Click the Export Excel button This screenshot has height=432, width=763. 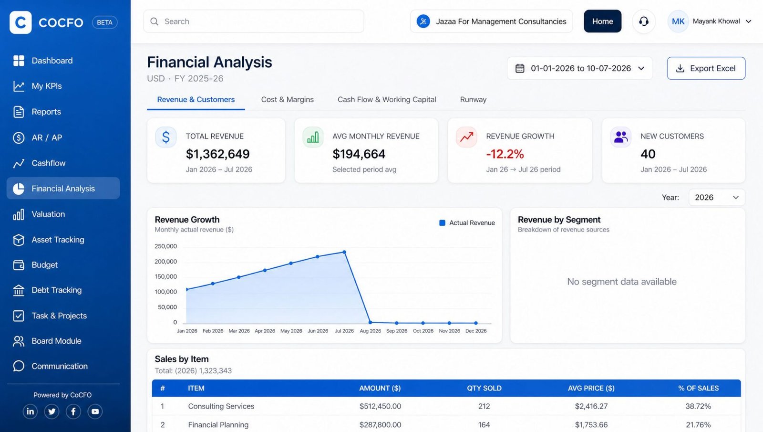(x=706, y=68)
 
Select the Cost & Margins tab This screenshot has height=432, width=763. (x=287, y=99)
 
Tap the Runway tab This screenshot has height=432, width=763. (x=473, y=99)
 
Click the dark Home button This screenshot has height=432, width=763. (x=602, y=21)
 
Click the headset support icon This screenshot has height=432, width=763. (x=643, y=21)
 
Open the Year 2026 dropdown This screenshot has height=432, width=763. (x=717, y=198)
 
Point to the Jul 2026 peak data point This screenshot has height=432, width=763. (x=344, y=253)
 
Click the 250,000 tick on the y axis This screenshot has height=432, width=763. (x=165, y=246)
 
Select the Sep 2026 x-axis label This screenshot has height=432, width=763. (x=396, y=331)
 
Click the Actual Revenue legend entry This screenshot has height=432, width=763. (x=467, y=222)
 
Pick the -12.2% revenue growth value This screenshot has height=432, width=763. (x=505, y=154)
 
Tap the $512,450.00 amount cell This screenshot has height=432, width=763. (x=380, y=406)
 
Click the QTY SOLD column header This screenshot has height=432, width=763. (x=484, y=388)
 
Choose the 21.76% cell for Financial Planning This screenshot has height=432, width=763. (x=698, y=424)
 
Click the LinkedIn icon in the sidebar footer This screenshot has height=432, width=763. (x=30, y=411)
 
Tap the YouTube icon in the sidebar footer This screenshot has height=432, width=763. (x=95, y=411)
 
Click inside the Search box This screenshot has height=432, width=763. (x=254, y=21)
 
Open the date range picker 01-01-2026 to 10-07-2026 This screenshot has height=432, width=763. (x=580, y=68)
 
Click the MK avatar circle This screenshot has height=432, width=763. (x=678, y=21)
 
